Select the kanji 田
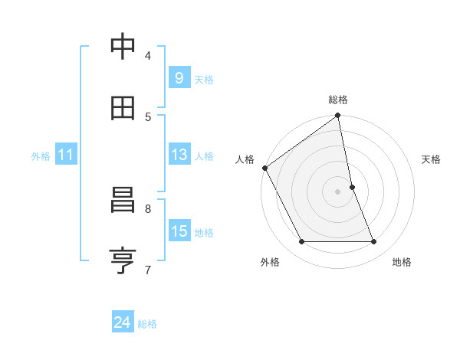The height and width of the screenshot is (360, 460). pyautogui.click(x=123, y=108)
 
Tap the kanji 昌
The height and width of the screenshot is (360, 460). pyautogui.click(x=123, y=201)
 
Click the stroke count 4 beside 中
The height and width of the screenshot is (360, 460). pyautogui.click(x=148, y=55)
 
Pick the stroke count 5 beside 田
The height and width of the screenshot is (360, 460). pyautogui.click(x=148, y=116)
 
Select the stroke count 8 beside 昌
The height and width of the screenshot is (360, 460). pyautogui.click(x=148, y=208)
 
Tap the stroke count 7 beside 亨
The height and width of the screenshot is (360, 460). pyautogui.click(x=148, y=269)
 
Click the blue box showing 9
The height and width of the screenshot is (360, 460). pyautogui.click(x=179, y=77)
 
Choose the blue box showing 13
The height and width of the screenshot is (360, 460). pyautogui.click(x=179, y=155)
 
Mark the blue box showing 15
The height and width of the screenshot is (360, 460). pyautogui.click(x=179, y=231)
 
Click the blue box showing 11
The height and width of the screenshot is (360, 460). pyautogui.click(x=65, y=155)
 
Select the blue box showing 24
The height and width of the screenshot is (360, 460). pyautogui.click(x=122, y=322)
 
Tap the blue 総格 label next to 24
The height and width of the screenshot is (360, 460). pyautogui.click(x=148, y=324)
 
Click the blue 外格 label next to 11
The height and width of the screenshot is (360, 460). pyautogui.click(x=41, y=156)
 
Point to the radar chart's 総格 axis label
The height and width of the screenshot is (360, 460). pyautogui.click(x=338, y=100)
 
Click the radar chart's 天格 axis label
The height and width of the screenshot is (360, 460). pyautogui.click(x=432, y=159)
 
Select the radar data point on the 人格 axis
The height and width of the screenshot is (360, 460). pyautogui.click(x=265, y=168)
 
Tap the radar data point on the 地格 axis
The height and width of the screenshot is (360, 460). pyautogui.click(x=374, y=242)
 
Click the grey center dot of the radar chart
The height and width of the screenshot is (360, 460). pyautogui.click(x=338, y=191)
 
